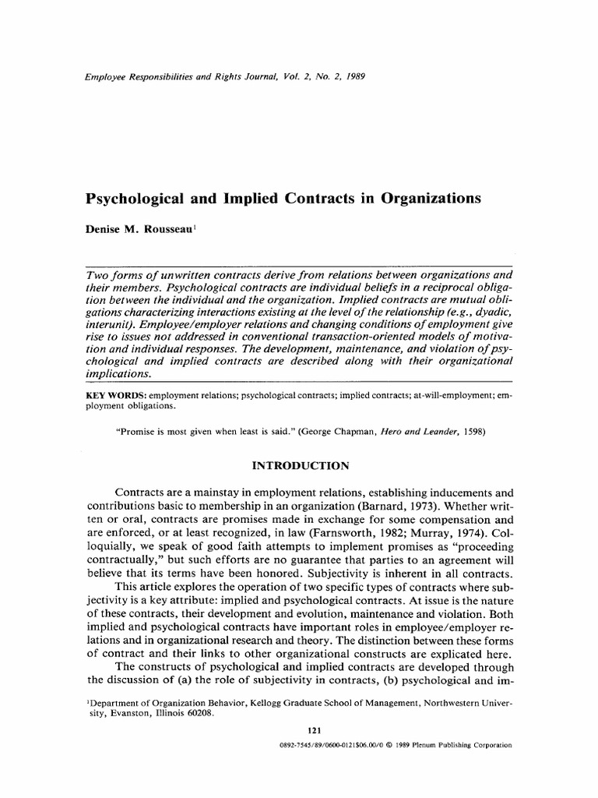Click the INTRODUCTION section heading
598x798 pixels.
[x=298, y=467]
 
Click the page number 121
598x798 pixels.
[x=315, y=730]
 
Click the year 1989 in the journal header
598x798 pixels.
[x=354, y=78]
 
